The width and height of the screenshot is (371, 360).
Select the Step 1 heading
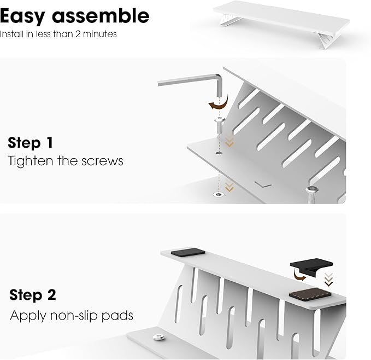[x=31, y=143]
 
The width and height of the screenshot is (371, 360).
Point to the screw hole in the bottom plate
[x=219, y=194]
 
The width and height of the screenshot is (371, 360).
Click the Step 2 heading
[x=32, y=295]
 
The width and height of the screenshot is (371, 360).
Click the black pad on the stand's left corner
[x=187, y=252]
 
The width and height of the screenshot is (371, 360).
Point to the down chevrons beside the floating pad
[x=328, y=281]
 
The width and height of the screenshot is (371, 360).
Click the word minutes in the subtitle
[x=102, y=34]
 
